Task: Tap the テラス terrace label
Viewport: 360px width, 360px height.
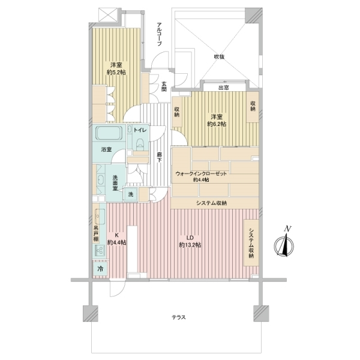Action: pyautogui.click(x=178, y=317)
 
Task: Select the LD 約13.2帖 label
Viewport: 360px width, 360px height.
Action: pyautogui.click(x=190, y=241)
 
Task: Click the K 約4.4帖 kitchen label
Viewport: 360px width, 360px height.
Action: pyautogui.click(x=117, y=239)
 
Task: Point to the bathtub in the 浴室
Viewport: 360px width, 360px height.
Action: pyautogui.click(x=109, y=133)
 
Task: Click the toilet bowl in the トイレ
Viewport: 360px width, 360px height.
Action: pyautogui.click(x=139, y=144)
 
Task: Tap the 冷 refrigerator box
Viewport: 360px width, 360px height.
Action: pyautogui.click(x=100, y=269)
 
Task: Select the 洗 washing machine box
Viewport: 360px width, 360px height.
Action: pyautogui.click(x=131, y=194)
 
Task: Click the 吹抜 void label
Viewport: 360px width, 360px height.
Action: pyautogui.click(x=219, y=57)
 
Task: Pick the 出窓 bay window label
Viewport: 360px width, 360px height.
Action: pyautogui.click(x=223, y=88)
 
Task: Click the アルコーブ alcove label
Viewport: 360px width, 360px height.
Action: pyautogui.click(x=159, y=34)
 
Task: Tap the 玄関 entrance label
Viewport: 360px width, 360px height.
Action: pyautogui.click(x=164, y=86)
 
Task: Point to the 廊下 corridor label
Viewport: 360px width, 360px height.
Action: pyautogui.click(x=159, y=157)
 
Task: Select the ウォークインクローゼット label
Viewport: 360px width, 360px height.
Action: pyautogui.click(x=201, y=173)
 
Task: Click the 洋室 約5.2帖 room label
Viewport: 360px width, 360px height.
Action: pyautogui.click(x=116, y=68)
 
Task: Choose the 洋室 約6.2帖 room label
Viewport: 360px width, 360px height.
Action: pyautogui.click(x=217, y=121)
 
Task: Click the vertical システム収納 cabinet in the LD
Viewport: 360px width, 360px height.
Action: pyautogui.click(x=251, y=242)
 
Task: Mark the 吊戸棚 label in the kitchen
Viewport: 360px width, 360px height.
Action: pyautogui.click(x=96, y=233)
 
